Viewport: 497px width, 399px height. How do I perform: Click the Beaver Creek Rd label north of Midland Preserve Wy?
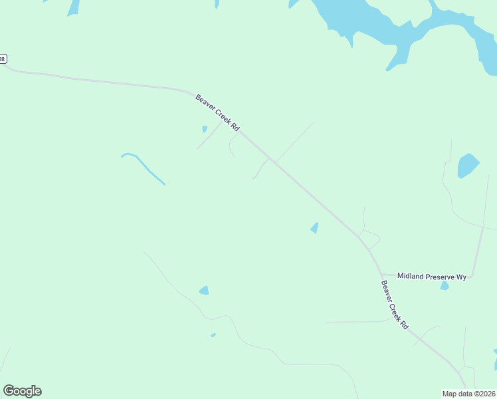(217, 112)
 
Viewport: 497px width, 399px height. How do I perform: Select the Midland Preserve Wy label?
(432, 276)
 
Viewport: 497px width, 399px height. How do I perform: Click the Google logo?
(22, 391)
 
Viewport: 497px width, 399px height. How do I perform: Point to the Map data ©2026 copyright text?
(469, 394)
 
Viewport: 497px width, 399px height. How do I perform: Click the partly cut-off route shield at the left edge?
(3, 59)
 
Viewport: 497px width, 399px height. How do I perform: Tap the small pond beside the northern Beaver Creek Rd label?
(205, 129)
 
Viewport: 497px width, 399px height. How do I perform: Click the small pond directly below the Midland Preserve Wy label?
(445, 286)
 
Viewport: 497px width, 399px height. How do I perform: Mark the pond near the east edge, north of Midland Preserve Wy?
(467, 166)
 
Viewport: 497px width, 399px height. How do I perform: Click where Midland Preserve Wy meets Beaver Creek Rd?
(381, 274)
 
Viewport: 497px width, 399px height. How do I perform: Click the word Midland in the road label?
(411, 276)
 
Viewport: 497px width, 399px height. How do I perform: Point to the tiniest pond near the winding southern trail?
(213, 335)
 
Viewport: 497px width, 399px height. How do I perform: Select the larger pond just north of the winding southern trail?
(204, 291)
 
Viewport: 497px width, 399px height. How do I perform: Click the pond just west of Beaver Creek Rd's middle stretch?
(314, 228)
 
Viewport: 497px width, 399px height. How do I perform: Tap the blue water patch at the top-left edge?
(72, 7)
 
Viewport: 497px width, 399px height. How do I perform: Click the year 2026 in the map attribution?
(486, 394)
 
